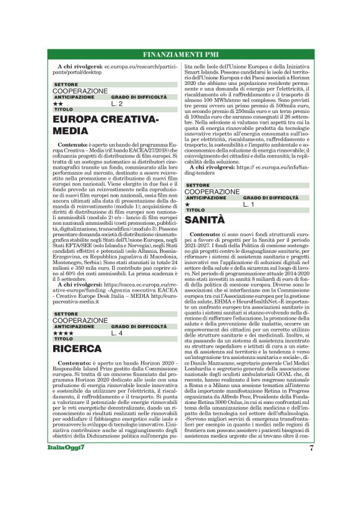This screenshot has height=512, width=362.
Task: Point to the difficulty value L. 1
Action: (x=248, y=204)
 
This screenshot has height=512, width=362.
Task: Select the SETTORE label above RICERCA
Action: (x=66, y=313)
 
